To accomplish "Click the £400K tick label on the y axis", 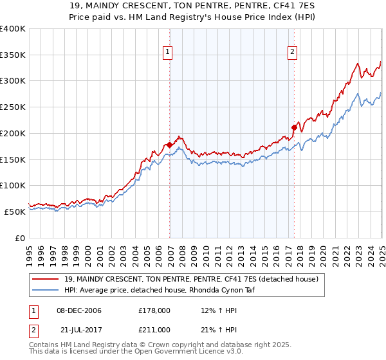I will click(13, 29).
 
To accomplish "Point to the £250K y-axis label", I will click(13, 107).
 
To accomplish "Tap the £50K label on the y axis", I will click(15, 211).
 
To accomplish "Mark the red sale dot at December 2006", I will click(169, 145).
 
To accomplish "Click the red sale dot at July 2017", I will click(294, 127).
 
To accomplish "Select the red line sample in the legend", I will click(46, 279).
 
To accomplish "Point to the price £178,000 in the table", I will click(154, 311).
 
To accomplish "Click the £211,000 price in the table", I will click(154, 329).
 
